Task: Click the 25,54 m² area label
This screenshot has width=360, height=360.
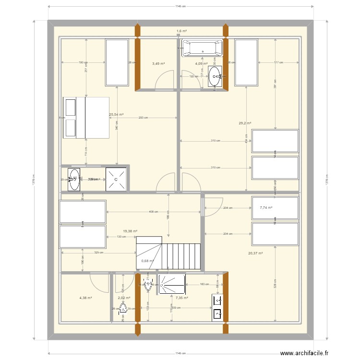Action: [117, 115]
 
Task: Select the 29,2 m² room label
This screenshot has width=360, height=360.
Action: [246, 123]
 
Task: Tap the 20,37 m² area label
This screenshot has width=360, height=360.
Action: [255, 253]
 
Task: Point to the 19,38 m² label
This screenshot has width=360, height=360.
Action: [130, 231]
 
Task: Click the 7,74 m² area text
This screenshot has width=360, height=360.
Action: [266, 208]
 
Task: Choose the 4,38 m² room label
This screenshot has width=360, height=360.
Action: [85, 298]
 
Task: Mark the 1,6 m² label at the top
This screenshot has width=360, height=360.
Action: [181, 31]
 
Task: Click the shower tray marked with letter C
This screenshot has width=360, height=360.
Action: [116, 179]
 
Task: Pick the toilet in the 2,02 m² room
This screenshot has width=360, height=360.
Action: [123, 308]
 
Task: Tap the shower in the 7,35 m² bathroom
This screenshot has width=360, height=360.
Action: [172, 284]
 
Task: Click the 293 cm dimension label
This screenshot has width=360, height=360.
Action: [143, 118]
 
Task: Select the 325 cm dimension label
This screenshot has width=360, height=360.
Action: [97, 252]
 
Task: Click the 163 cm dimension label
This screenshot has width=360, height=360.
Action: [204, 285]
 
